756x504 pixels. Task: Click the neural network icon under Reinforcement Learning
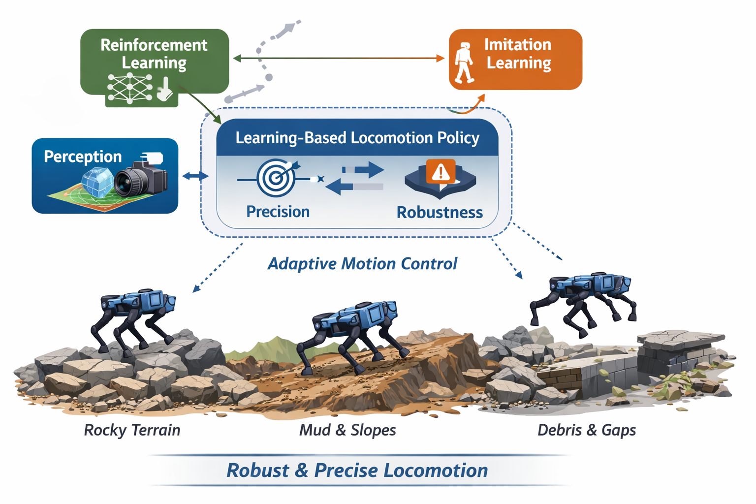click(x=130, y=89)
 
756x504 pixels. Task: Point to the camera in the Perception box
click(x=141, y=180)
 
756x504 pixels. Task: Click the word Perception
click(x=83, y=157)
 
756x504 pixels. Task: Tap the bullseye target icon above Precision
click(x=277, y=177)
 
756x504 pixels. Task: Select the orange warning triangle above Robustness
click(x=441, y=172)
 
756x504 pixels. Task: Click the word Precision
click(x=278, y=212)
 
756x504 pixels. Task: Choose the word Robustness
click(x=440, y=213)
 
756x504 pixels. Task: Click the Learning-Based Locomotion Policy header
click(x=357, y=138)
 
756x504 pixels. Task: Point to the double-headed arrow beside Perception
click(x=195, y=176)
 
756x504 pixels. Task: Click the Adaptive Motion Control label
click(x=362, y=264)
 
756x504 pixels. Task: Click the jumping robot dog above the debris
click(x=583, y=298)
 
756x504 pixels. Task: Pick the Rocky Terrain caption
click(x=132, y=430)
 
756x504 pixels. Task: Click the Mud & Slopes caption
click(x=347, y=430)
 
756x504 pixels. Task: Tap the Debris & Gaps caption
click(x=587, y=430)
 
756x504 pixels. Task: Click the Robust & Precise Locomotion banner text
click(x=357, y=471)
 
